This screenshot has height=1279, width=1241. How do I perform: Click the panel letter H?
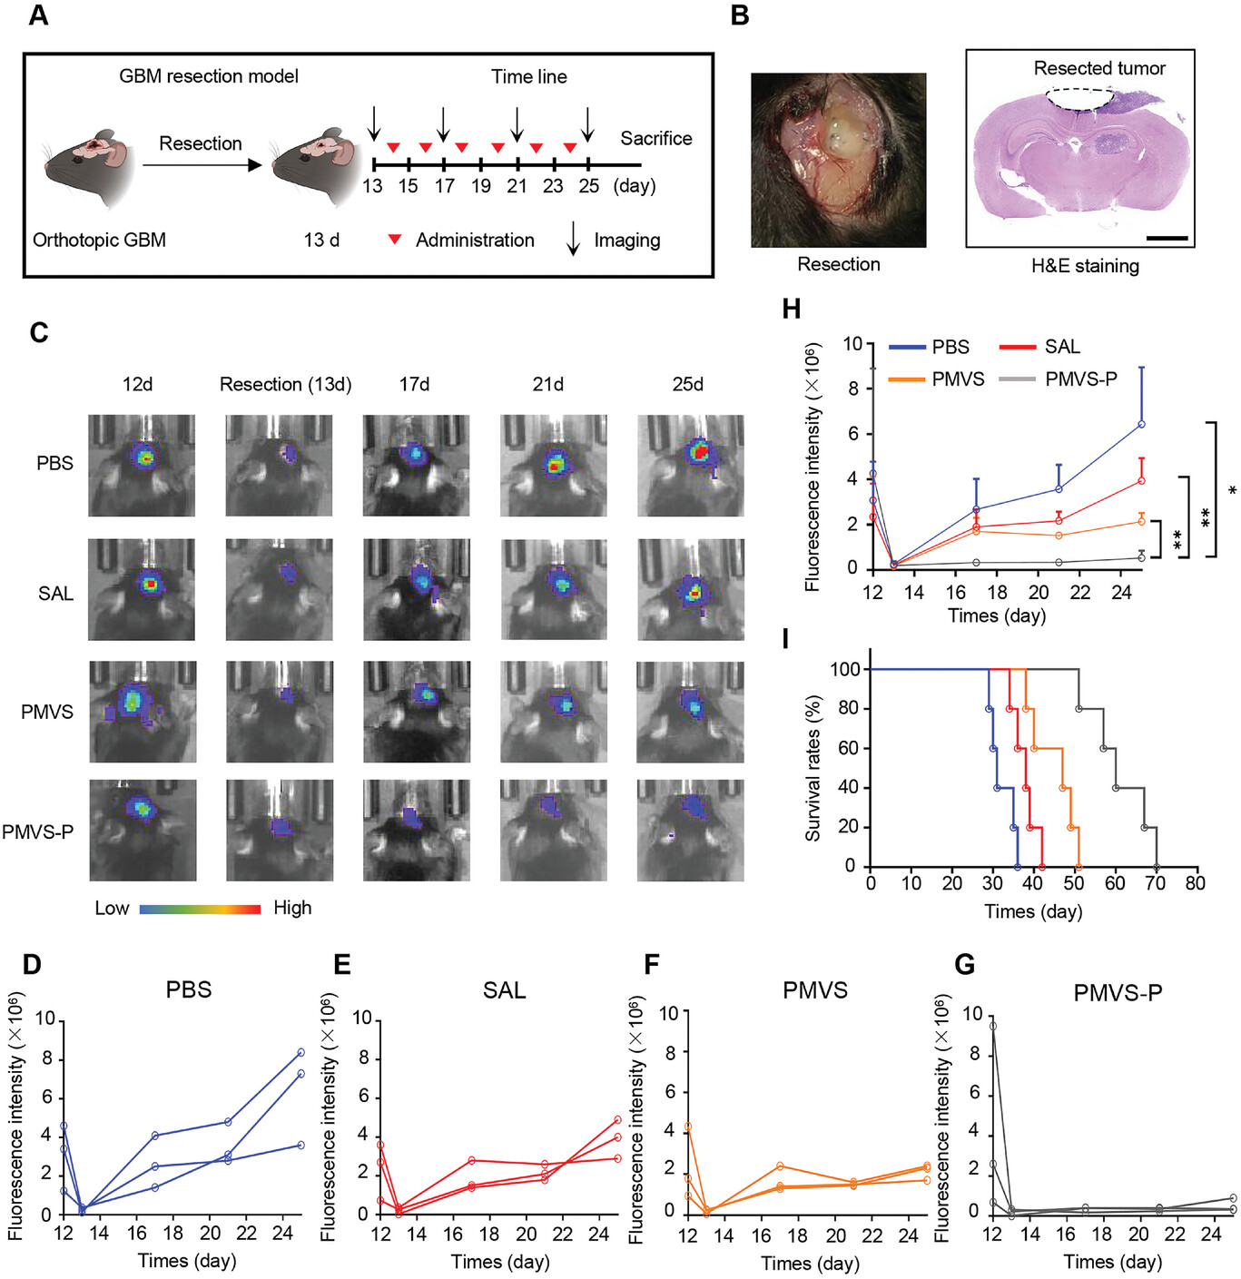coord(792,310)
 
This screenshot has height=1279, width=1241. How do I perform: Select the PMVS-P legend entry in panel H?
coord(1080,379)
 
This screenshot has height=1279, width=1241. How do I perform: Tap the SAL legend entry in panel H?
coord(1061,347)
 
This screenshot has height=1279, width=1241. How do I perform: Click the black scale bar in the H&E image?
coord(1167,238)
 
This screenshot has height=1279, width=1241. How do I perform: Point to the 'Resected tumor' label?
coord(1098,68)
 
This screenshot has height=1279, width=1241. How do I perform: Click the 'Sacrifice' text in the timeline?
coord(655,138)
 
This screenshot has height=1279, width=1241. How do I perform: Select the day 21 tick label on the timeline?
coord(517,186)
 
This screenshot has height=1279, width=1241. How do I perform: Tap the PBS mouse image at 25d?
coord(691,466)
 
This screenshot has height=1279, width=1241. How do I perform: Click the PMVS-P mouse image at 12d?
coord(143,830)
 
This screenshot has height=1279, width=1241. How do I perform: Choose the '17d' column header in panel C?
coord(414,384)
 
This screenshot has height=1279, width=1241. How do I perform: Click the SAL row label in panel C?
coord(55,594)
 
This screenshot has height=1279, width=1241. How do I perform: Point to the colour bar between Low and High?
coord(200,909)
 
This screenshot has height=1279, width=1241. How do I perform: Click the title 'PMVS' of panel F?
coord(814,990)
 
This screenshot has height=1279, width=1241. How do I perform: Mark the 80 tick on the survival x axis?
coord(1195,883)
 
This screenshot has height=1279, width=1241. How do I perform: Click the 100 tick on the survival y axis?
coord(844,670)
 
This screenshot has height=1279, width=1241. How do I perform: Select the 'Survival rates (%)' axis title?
coord(813,768)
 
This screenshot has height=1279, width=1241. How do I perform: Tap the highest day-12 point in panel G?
coord(993,1027)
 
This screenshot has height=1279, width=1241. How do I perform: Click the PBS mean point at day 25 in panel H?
coord(1141,424)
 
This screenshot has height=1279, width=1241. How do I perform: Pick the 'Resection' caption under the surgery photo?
coord(838,264)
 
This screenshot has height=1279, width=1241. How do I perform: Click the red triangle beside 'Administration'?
coord(395,240)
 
